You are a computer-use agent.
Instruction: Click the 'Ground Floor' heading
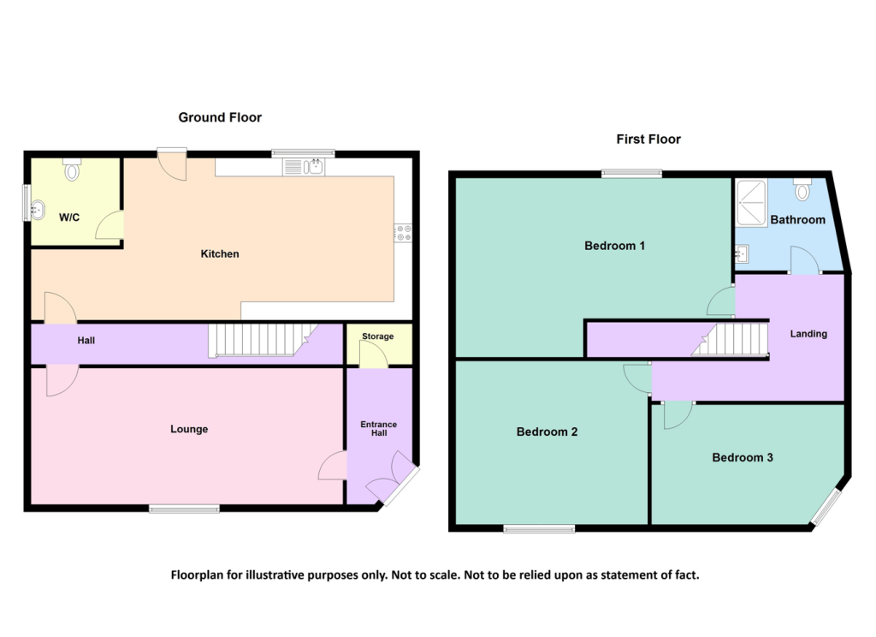click(x=220, y=117)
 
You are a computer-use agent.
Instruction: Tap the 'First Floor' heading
click(x=648, y=139)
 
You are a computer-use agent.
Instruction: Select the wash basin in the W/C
click(x=37, y=208)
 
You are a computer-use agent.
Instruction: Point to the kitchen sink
click(x=315, y=166)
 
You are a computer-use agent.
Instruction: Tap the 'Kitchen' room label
click(x=220, y=253)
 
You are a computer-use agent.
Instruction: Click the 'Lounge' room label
click(x=189, y=429)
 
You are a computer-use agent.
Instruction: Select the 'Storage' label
click(x=377, y=336)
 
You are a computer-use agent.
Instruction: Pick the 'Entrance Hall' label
click(x=379, y=429)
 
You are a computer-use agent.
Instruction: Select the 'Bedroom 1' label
click(x=614, y=246)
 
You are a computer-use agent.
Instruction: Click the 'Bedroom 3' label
click(x=743, y=457)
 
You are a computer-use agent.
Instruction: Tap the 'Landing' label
click(x=808, y=334)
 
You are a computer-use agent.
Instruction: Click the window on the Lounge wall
click(x=184, y=509)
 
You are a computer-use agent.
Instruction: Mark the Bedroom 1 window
click(x=631, y=174)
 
